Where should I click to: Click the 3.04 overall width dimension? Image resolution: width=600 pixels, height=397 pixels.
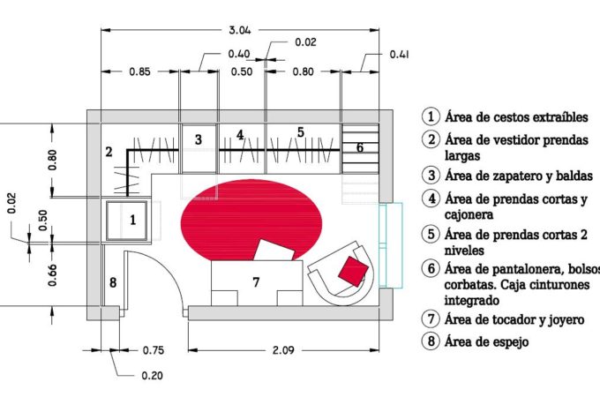[240, 30]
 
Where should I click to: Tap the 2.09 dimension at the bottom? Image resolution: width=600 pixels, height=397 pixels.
[283, 350]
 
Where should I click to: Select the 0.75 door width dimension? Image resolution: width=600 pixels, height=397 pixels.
[153, 350]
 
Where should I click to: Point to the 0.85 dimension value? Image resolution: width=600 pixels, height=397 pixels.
[139, 71]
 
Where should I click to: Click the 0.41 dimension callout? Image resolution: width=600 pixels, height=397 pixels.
[399, 55]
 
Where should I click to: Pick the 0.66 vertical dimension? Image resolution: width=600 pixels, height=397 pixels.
[52, 275]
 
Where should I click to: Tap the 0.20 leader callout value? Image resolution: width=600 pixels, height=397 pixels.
[153, 376]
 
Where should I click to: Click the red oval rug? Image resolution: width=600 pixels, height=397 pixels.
[251, 220]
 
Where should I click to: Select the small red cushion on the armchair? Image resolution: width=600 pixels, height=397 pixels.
[353, 271]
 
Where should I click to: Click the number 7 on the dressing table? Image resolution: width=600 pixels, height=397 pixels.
[256, 282]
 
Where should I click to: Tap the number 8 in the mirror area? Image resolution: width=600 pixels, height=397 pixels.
[113, 282]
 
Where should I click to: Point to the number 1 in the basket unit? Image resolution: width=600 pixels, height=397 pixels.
[132, 220]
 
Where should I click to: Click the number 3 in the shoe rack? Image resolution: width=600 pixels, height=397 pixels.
[199, 139]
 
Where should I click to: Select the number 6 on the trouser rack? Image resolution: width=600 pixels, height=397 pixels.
[360, 147]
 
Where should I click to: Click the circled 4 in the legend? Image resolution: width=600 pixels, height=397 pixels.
[431, 198]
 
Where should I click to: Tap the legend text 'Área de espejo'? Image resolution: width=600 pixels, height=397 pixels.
[486, 341]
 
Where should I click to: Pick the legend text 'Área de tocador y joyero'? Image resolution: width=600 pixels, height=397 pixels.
[514, 319]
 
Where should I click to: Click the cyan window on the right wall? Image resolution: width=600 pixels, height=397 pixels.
[390, 245]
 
